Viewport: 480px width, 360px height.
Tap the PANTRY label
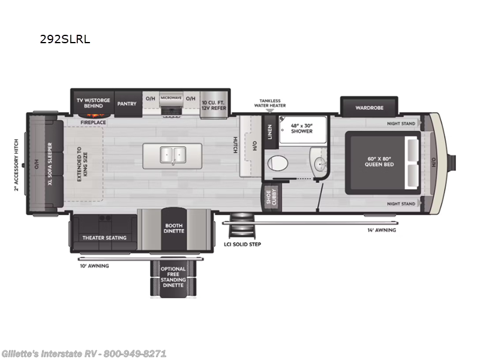tap(127, 103)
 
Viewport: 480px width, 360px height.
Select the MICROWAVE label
tap(170, 97)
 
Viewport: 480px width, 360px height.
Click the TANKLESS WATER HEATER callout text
tap(270, 103)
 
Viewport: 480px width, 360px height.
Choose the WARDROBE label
tap(369, 108)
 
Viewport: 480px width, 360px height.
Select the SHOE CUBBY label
tap(272, 198)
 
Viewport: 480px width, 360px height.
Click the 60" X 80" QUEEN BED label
tap(380, 161)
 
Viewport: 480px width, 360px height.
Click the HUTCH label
tap(235, 145)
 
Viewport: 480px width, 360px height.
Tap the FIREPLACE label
tap(94, 122)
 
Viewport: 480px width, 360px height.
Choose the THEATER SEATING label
tap(104, 238)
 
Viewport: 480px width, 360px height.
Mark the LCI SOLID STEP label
tap(242, 244)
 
